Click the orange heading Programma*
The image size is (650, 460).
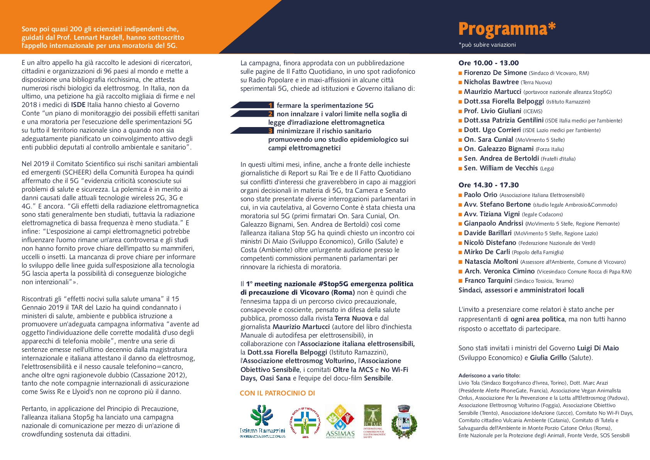coord(507,29)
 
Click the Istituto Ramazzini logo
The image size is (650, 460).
coord(262,421)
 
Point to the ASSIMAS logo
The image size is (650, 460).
coord(340,421)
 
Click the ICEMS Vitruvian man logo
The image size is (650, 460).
coord(373,421)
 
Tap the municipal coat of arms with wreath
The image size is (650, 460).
coord(404,421)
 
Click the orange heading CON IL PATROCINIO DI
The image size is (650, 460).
coord(277,393)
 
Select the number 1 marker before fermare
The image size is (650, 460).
coord(271,105)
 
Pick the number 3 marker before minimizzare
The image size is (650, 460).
coord(271,131)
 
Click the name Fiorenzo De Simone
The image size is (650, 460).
coord(495,73)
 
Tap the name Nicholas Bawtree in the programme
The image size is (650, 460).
coord(491,82)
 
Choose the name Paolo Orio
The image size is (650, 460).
coord(480,195)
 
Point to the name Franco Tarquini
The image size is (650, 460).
coord(488,280)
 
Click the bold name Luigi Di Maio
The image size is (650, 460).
coord(598,348)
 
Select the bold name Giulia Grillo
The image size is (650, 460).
coord(548,358)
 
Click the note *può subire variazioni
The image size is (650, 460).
coord(487,45)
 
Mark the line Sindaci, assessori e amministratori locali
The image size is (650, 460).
coord(521,290)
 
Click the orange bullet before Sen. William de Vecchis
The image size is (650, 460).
coord(460,168)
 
